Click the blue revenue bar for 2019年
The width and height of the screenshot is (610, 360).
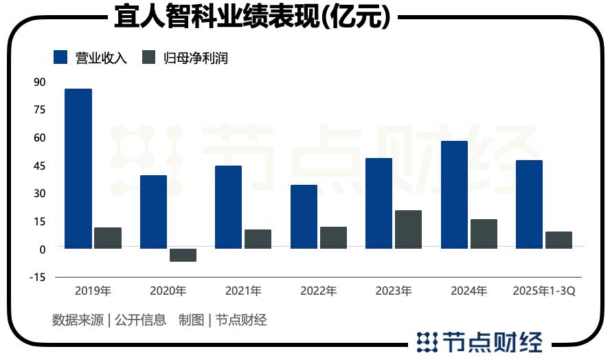point(78,168)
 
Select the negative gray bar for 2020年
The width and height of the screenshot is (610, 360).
point(183,255)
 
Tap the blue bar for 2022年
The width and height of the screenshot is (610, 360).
point(304,216)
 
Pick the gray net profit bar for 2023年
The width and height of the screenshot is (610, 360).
point(408,229)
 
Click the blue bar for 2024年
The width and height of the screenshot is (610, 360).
point(454,194)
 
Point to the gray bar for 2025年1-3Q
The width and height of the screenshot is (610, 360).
point(558,240)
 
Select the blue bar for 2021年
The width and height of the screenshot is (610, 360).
point(229,207)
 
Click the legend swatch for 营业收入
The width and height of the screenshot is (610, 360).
point(61,58)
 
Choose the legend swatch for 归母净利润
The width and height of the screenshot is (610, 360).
point(149,58)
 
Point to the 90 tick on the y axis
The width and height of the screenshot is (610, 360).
point(39,82)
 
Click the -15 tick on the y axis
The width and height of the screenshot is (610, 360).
point(38,278)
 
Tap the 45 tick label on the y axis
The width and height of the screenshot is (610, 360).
point(39,166)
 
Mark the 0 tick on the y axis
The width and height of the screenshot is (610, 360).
point(42,249)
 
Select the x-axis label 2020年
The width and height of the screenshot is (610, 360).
point(168,291)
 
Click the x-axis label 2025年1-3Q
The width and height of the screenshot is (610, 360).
point(544,291)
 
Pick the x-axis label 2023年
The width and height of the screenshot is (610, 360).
point(394,291)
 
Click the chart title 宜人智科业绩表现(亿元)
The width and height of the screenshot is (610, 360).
point(253,16)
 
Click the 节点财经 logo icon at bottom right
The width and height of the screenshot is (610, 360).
point(428,341)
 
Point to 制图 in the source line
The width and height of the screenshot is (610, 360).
point(192,319)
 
